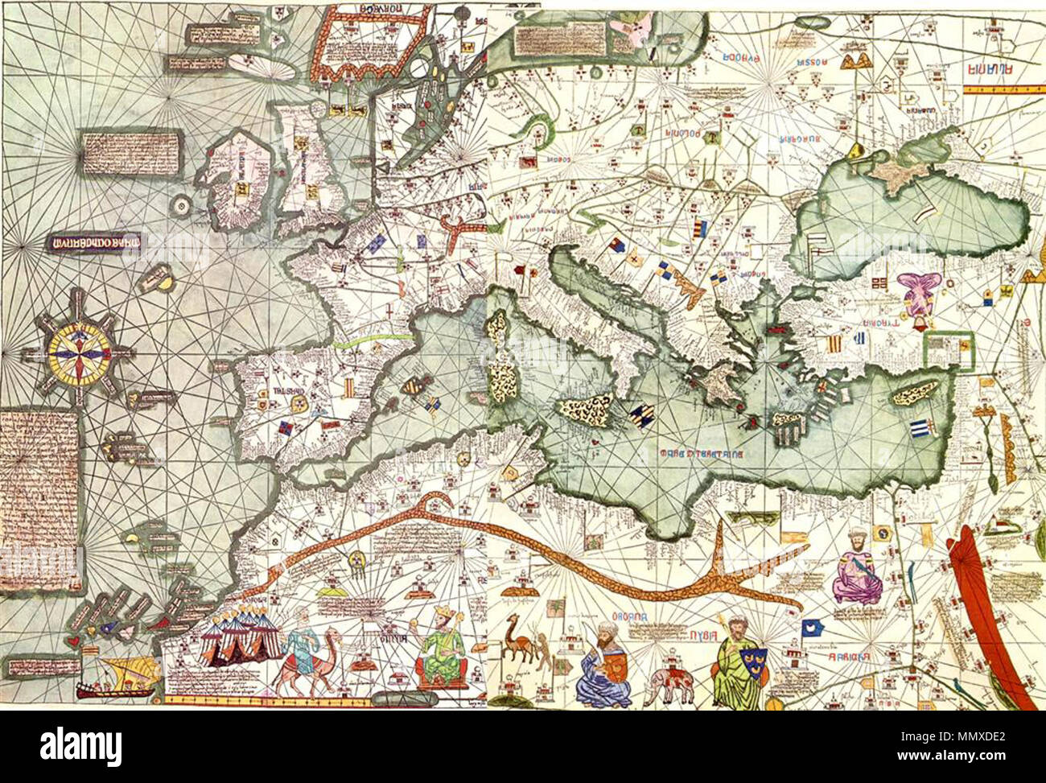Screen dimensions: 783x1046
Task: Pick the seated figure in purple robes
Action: point(856,572)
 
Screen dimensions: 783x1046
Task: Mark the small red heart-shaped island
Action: point(74,641)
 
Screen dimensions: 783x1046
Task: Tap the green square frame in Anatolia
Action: point(949,351)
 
